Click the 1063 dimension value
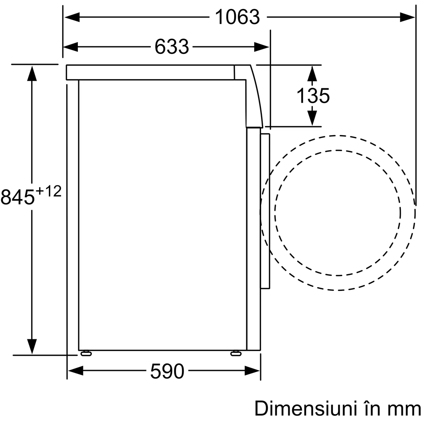coord(237,17)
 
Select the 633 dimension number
coord(171,47)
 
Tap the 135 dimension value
coord(313,96)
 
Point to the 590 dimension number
coord(167,371)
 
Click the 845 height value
coord(18,197)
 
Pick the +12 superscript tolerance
coord(48,192)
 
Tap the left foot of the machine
coord(85,353)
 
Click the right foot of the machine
coord(236,353)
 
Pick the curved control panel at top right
coord(254,97)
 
